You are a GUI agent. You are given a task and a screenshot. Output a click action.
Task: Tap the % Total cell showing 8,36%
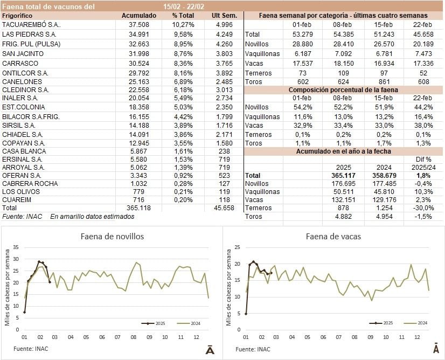coord(183,63)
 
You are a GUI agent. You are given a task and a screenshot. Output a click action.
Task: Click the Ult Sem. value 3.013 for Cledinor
coord(225,89)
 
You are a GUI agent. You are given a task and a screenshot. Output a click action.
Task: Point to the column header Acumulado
coord(139,16)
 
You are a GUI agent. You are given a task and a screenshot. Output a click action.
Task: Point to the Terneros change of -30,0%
coord(422,207)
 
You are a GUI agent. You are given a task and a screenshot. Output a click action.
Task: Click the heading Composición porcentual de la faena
coord(344,90)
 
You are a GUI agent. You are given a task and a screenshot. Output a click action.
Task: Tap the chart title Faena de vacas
coord(333,236)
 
